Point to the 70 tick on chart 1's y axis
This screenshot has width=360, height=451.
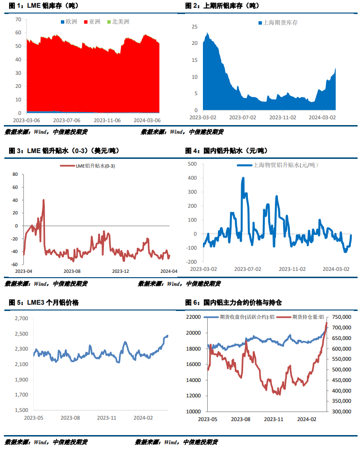tap(18, 19)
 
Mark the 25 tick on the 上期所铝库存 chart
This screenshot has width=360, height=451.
tap(195, 27)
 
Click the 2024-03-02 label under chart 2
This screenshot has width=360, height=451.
tap(322, 117)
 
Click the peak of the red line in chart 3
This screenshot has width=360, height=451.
tap(43, 200)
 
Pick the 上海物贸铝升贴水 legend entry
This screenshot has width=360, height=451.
tap(284, 165)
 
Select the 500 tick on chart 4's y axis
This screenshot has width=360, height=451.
tap(192, 164)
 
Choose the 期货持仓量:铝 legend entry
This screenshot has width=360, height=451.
tap(311, 317)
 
